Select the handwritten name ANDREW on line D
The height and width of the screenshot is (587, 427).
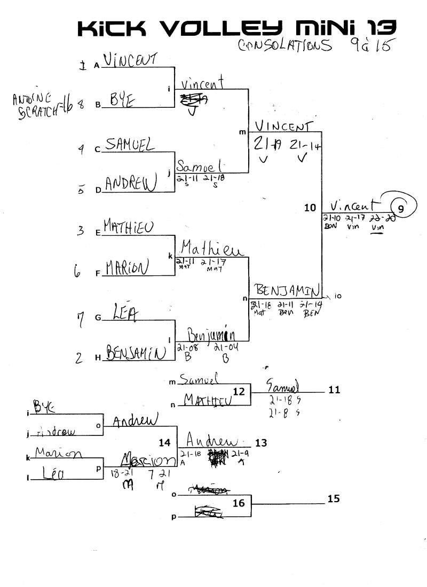click(130, 183)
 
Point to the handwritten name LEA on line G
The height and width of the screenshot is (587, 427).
click(124, 313)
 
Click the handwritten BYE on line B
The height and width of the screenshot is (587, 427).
click(122, 100)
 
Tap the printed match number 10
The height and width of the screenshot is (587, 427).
click(310, 208)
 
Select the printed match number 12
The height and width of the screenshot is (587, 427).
click(239, 392)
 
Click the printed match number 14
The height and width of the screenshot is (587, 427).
click(165, 442)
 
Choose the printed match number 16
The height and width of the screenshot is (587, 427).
click(239, 503)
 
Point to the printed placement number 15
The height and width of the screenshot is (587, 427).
click(334, 499)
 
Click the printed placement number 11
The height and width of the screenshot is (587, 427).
click(334, 390)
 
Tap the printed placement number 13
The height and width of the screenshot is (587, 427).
click(261, 442)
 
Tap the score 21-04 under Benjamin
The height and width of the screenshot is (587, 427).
click(225, 348)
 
